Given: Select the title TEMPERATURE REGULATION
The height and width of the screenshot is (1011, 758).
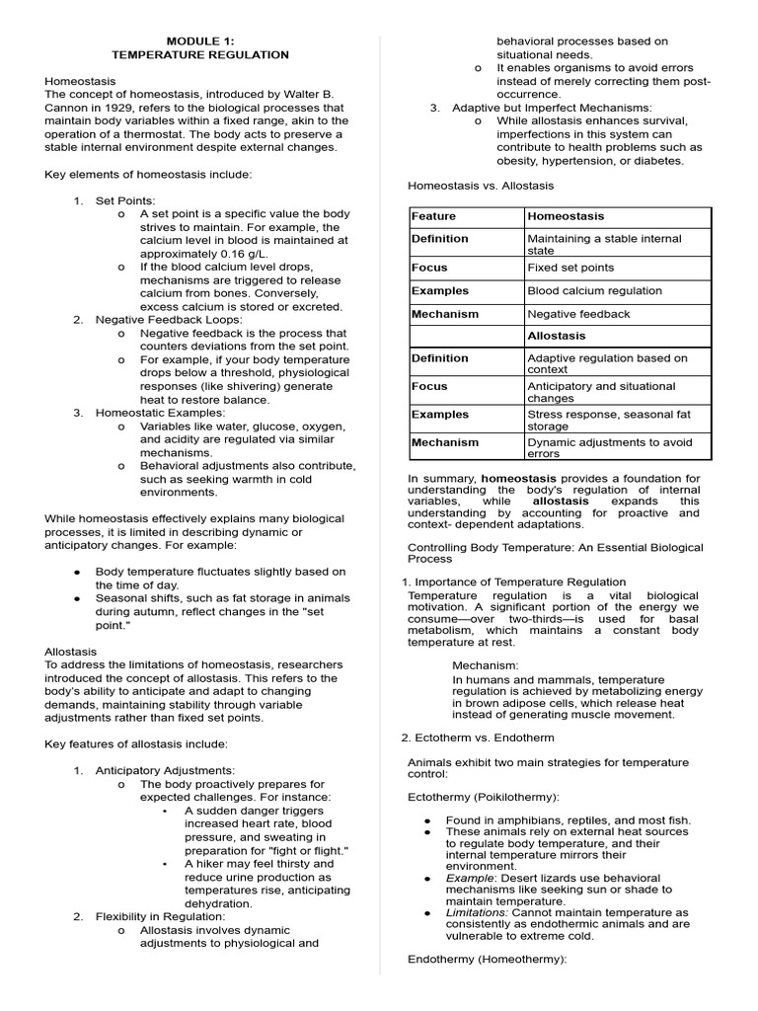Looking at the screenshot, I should click(199, 55).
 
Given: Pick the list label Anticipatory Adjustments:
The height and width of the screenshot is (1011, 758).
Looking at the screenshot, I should click(165, 770).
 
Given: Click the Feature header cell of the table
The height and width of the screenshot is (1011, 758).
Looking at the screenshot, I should click(433, 216).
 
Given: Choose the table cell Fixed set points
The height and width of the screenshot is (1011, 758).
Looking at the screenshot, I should click(570, 268).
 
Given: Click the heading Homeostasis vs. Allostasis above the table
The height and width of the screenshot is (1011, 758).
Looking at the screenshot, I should click(481, 186).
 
